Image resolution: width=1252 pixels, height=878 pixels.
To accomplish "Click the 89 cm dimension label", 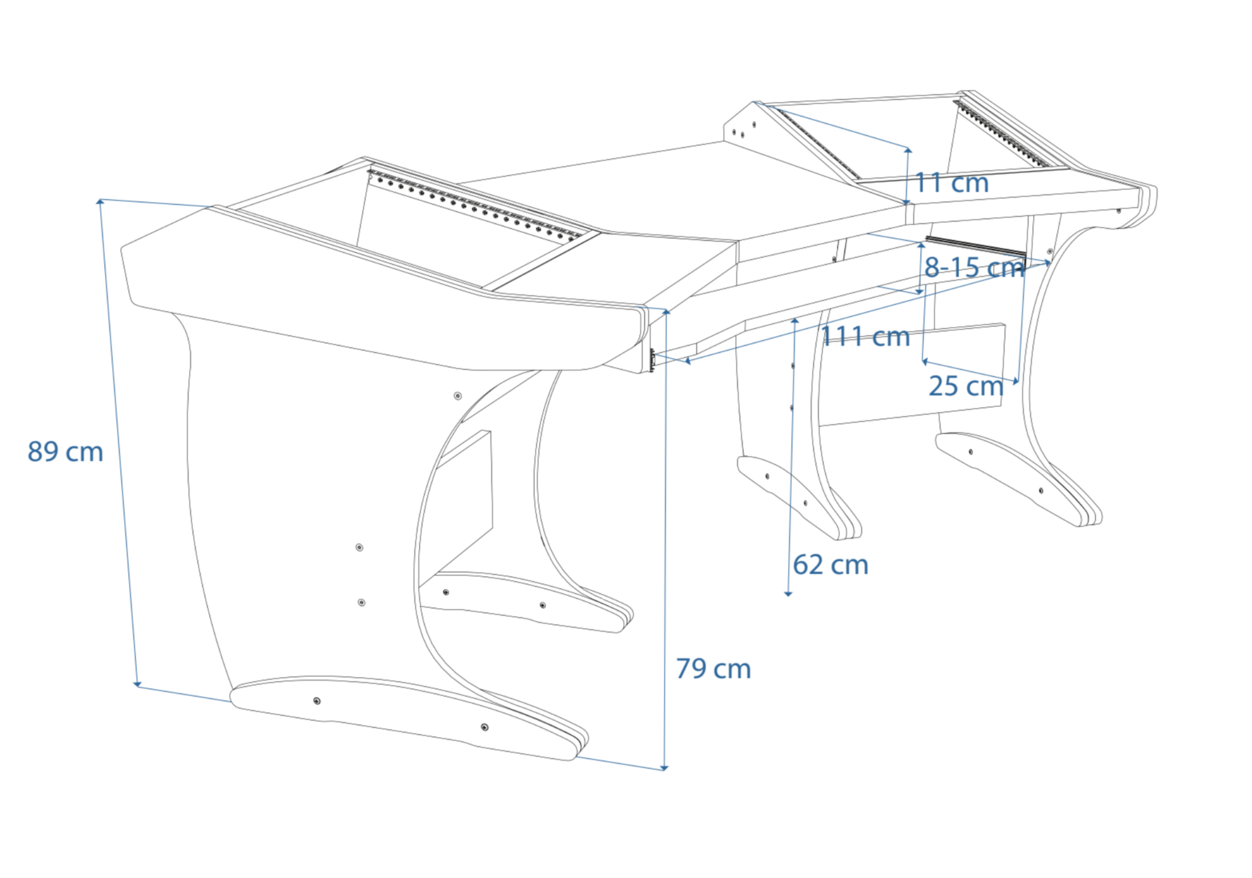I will [65, 452].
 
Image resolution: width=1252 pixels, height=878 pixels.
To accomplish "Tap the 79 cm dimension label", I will [713, 669].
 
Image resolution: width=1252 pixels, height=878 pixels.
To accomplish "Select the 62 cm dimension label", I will [830, 565].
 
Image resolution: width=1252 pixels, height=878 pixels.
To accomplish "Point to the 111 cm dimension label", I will [865, 336].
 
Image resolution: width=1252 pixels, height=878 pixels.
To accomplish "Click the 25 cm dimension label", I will [966, 386].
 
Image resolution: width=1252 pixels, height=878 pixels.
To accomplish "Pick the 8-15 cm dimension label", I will [974, 267].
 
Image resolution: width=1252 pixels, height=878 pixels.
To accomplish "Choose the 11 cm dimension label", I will [952, 183].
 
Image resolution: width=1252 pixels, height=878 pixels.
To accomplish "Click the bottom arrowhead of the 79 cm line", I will [664, 767].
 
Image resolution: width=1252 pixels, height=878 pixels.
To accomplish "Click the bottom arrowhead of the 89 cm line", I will [137, 684].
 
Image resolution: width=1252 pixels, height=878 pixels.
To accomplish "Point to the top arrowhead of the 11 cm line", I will [908, 149].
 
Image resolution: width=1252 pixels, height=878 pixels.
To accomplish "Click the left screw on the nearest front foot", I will [317, 700].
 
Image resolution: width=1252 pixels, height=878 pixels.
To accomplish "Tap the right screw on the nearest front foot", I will [484, 727].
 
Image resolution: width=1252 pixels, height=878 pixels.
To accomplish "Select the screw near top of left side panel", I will [458, 396].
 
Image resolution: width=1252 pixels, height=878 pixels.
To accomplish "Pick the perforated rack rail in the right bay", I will [1001, 134].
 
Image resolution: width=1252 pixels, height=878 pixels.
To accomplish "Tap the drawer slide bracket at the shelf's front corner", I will [652, 360].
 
